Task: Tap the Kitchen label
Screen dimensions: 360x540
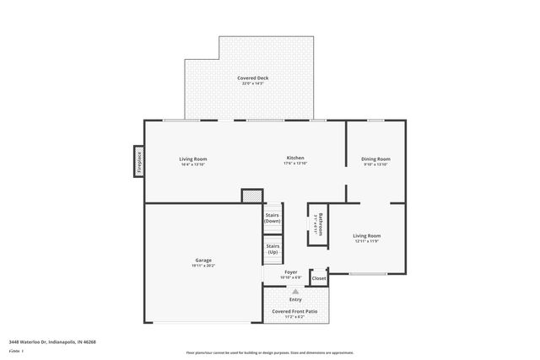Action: click(295, 159)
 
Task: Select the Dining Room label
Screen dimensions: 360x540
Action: click(376, 159)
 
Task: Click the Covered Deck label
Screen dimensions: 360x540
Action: click(253, 78)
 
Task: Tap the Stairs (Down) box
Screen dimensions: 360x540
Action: click(273, 218)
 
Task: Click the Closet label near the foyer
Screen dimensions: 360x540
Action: click(318, 278)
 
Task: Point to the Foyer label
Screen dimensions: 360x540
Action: click(291, 272)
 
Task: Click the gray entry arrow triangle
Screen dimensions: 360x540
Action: click(295, 291)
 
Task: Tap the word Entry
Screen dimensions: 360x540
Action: click(295, 299)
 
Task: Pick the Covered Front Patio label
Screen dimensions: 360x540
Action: click(294, 311)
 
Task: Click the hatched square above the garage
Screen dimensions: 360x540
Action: click(251, 196)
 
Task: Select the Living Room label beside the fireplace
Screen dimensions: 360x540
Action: click(192, 159)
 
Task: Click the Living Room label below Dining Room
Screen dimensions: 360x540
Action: click(366, 236)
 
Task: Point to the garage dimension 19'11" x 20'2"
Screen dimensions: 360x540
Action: click(203, 266)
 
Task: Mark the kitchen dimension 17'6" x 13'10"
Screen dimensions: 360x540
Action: click(295, 164)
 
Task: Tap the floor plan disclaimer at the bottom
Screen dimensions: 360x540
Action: click(271, 353)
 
